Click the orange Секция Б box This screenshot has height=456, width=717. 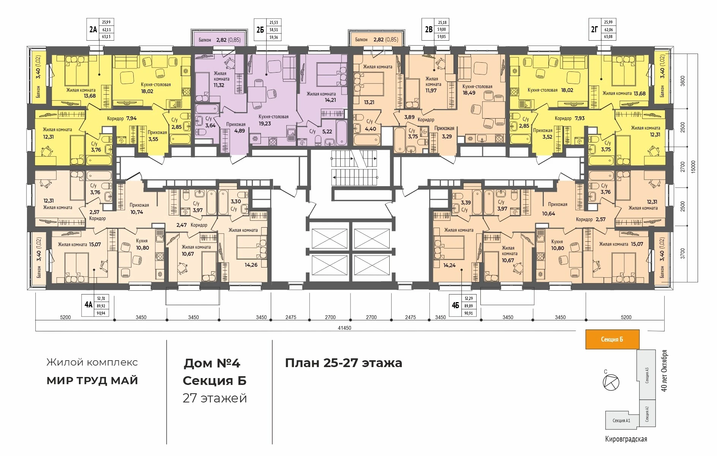coord(612,339)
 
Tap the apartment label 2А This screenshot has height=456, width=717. coord(93,29)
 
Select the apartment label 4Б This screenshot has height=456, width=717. coord(455,305)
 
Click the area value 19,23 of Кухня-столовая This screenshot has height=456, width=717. coord(265,123)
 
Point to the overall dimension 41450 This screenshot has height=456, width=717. coord(344,328)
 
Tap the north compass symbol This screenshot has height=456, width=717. coord(611,382)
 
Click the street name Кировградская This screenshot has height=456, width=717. coord(626,439)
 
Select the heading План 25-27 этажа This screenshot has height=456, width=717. coord(343,363)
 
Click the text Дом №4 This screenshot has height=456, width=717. coord(212,363)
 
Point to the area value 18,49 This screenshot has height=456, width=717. coord(469,93)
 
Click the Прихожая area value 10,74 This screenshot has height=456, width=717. coord(137,212)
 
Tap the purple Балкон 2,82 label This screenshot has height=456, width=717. coord(220,40)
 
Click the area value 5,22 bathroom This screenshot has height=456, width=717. coord(327,131)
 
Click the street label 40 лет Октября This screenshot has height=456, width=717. coord(664,370)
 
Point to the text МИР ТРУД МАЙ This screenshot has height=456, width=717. coord(92,381)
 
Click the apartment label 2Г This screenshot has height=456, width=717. coord(594,29)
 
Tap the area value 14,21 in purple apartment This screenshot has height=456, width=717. coord(330,100)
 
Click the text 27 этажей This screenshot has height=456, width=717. coord(215,398)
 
